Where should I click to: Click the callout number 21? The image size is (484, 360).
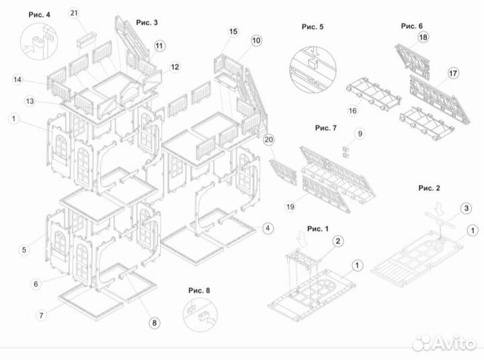click(74, 13)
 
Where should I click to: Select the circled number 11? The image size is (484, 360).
click(159, 46)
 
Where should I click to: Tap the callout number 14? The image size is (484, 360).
click(17, 80)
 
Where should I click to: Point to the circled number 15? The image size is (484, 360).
click(233, 32)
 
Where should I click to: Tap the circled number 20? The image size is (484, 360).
click(269, 140)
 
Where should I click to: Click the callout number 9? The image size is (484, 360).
click(360, 134)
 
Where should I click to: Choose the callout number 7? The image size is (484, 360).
click(42, 314)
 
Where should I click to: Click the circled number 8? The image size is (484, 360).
click(154, 322)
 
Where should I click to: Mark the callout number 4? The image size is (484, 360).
click(268, 228)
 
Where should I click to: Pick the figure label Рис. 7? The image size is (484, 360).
click(329, 126)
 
